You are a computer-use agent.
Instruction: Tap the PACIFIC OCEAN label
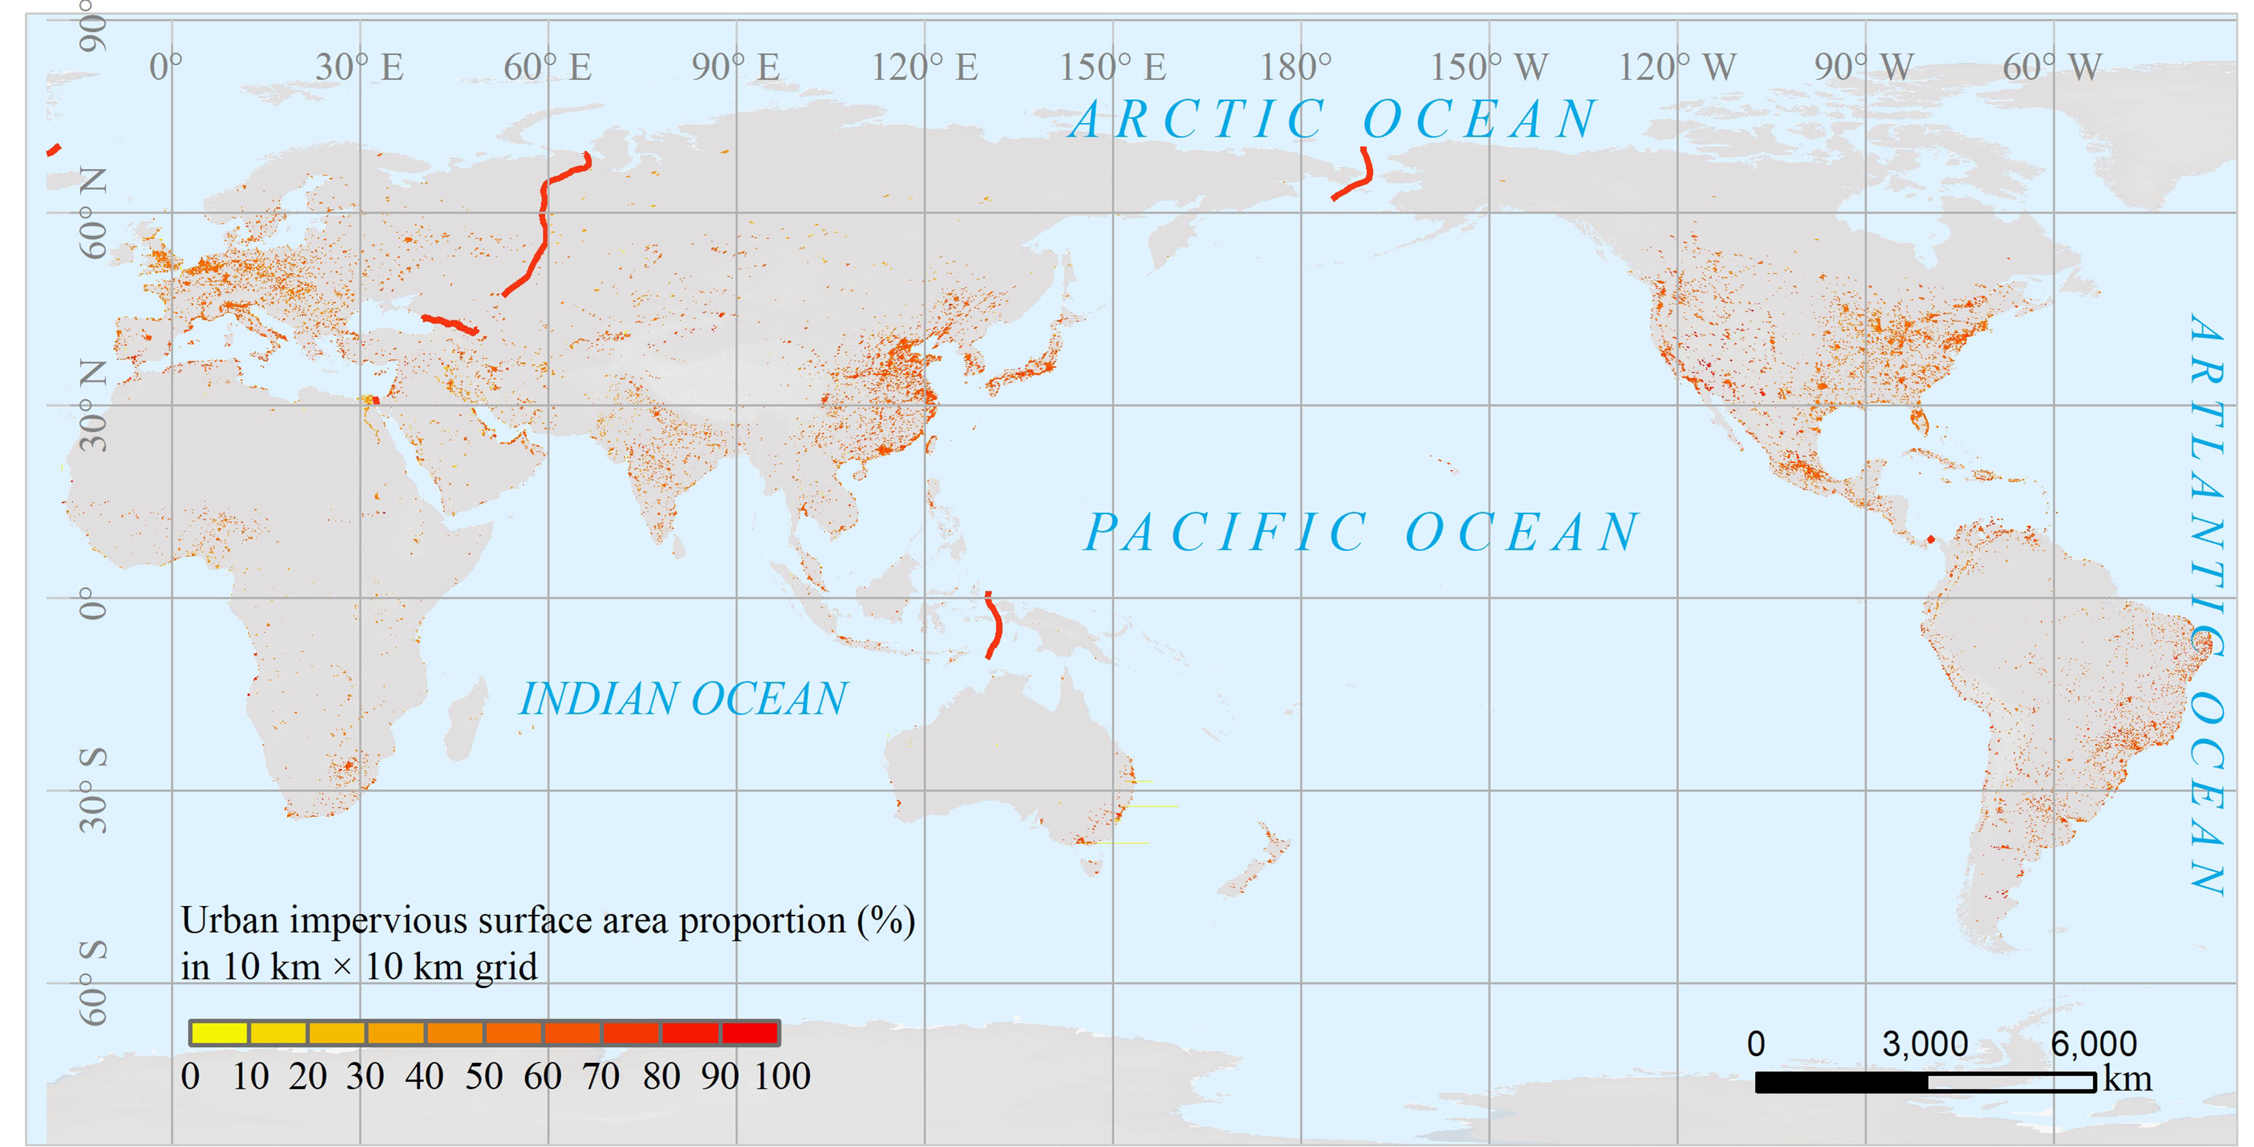tap(1361, 532)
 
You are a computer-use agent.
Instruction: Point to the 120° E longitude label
tap(924, 68)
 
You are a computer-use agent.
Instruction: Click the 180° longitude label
tap(1295, 68)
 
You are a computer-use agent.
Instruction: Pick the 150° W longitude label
tap(1488, 68)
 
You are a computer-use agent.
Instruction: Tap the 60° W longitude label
tap(2051, 68)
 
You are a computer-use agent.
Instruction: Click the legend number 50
tap(483, 1077)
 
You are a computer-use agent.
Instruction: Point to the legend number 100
tap(781, 1077)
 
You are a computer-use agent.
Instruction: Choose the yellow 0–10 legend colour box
tap(219, 1033)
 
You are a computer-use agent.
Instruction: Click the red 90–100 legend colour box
tap(750, 1033)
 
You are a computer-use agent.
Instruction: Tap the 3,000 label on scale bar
tap(1925, 1045)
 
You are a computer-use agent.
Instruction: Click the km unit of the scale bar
tap(2127, 1079)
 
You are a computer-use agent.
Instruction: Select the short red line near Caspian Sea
tap(449, 324)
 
